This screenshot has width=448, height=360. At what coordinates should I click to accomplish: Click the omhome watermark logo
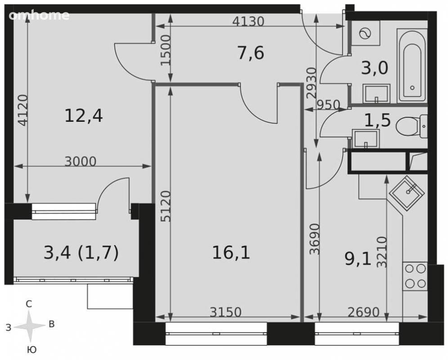[39, 15]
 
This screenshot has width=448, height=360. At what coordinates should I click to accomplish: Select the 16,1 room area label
[231, 253]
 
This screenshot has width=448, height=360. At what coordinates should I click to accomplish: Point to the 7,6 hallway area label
[251, 53]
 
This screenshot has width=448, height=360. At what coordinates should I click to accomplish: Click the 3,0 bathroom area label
[375, 68]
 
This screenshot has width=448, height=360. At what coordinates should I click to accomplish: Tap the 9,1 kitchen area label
[358, 259]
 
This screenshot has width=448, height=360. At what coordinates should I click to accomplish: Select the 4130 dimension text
[248, 22]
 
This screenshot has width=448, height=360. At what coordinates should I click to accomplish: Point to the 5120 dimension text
[166, 207]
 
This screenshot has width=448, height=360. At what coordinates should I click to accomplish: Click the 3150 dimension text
[226, 312]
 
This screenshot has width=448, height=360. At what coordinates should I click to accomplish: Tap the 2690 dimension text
[363, 312]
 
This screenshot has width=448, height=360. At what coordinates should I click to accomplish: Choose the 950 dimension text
[328, 105]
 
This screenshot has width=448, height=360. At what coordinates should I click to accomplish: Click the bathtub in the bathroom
[412, 66]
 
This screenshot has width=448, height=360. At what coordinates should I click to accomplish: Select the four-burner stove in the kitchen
[415, 276]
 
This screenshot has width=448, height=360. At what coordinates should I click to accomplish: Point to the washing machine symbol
[365, 33]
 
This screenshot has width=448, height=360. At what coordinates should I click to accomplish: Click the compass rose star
[29, 326]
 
